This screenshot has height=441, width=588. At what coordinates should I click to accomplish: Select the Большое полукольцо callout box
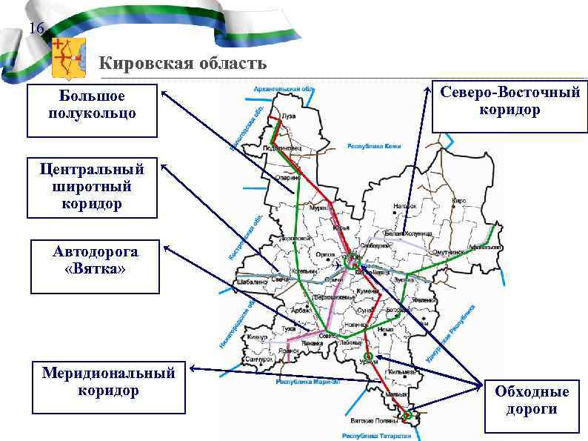point(92,110)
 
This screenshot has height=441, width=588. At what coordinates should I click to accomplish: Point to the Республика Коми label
point(374,146)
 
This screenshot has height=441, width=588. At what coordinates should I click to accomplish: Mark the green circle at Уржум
point(368,357)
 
